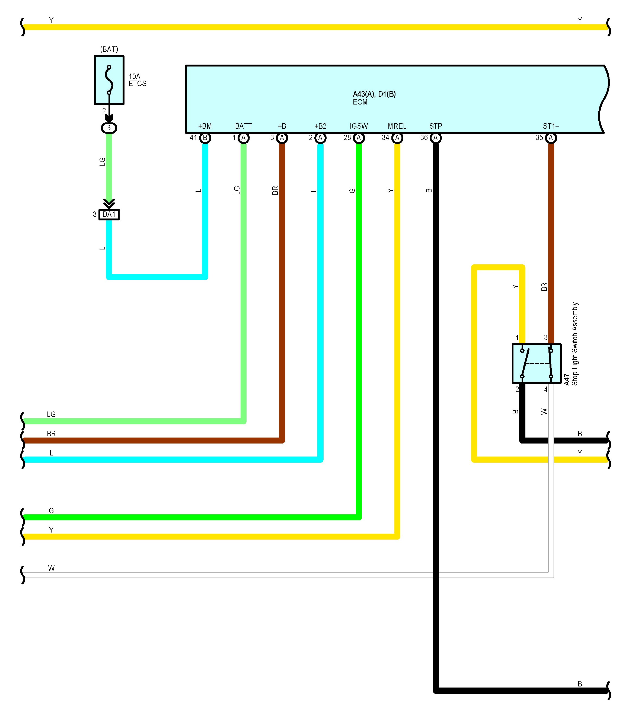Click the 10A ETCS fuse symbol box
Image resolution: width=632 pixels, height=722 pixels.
[x=109, y=80]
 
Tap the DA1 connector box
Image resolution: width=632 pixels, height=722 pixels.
[x=109, y=214]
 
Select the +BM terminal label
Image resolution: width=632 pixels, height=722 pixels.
[x=205, y=126]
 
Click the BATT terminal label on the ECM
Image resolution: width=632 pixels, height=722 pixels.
[x=243, y=126]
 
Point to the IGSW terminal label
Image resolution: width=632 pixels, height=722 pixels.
[x=359, y=126]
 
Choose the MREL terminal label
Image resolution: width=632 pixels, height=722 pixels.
[x=397, y=126]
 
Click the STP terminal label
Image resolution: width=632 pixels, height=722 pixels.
[x=436, y=126]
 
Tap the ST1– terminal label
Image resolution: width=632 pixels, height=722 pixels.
[x=551, y=126]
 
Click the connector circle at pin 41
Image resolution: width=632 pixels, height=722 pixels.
[x=205, y=138]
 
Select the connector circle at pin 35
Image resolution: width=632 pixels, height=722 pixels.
[x=551, y=138]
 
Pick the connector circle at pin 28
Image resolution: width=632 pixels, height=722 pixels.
[x=359, y=138]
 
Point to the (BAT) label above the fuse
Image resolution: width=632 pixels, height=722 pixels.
[x=109, y=49]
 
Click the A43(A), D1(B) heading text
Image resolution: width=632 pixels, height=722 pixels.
[x=374, y=94]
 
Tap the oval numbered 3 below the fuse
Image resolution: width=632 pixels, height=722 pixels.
[x=109, y=128]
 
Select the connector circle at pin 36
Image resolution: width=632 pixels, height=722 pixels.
[x=436, y=138]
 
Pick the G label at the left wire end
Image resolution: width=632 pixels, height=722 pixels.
[x=52, y=511]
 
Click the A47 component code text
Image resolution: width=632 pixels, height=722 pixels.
[x=567, y=380]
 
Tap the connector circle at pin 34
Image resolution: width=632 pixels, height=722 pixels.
[x=397, y=138]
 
